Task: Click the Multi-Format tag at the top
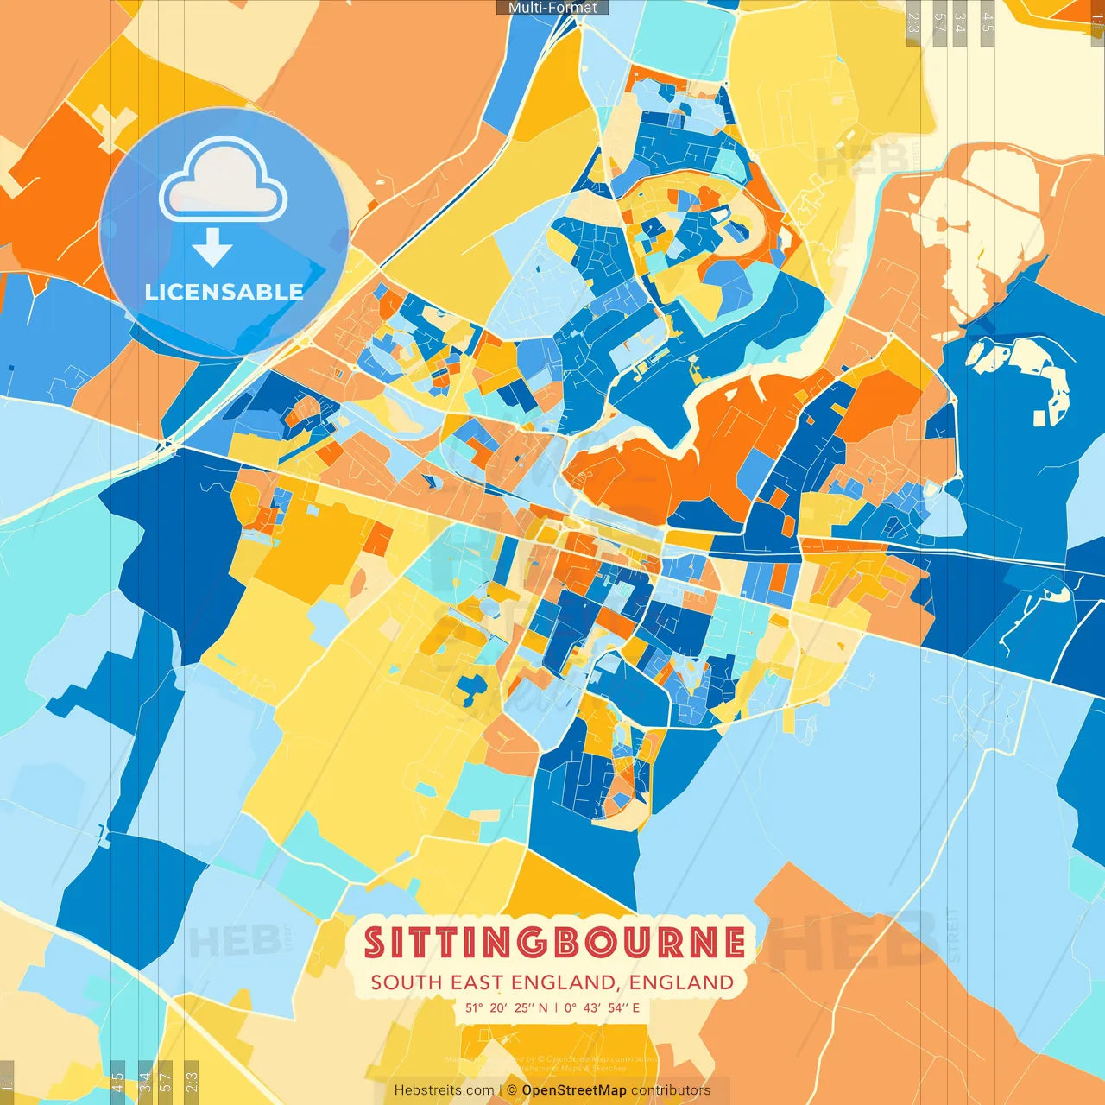(x=552, y=8)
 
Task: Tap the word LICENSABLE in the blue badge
(x=224, y=292)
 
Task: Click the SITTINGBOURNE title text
(x=554, y=943)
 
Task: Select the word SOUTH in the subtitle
(x=406, y=982)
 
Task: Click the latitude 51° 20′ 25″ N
(x=506, y=1007)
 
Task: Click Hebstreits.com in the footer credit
(x=444, y=1090)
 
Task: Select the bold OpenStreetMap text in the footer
(x=573, y=1090)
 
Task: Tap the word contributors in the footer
(x=671, y=1090)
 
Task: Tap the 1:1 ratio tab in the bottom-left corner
(x=7, y=1082)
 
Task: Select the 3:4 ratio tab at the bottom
(x=145, y=1082)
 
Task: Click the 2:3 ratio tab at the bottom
(x=192, y=1082)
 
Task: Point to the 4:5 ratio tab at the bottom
(x=117, y=1082)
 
